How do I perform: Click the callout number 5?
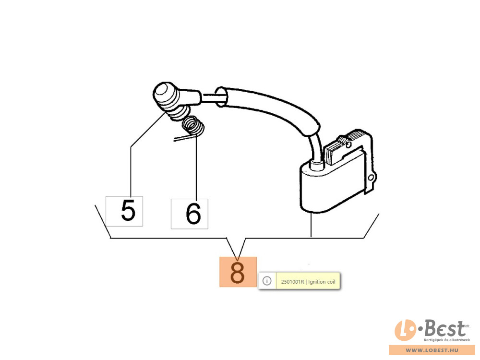(x=128, y=210)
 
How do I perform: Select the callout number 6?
(x=193, y=214)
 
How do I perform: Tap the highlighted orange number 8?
(x=238, y=272)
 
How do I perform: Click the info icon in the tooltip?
(x=267, y=281)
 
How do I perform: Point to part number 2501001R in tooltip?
(x=293, y=282)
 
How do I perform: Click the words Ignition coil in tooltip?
(x=322, y=282)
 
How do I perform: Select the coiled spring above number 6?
(x=193, y=126)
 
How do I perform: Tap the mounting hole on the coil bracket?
(x=371, y=178)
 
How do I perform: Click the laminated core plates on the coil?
(x=340, y=149)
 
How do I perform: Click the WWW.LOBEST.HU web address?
(x=432, y=350)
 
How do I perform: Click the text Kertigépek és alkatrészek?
(x=446, y=340)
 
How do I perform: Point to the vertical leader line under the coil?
(x=311, y=225)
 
